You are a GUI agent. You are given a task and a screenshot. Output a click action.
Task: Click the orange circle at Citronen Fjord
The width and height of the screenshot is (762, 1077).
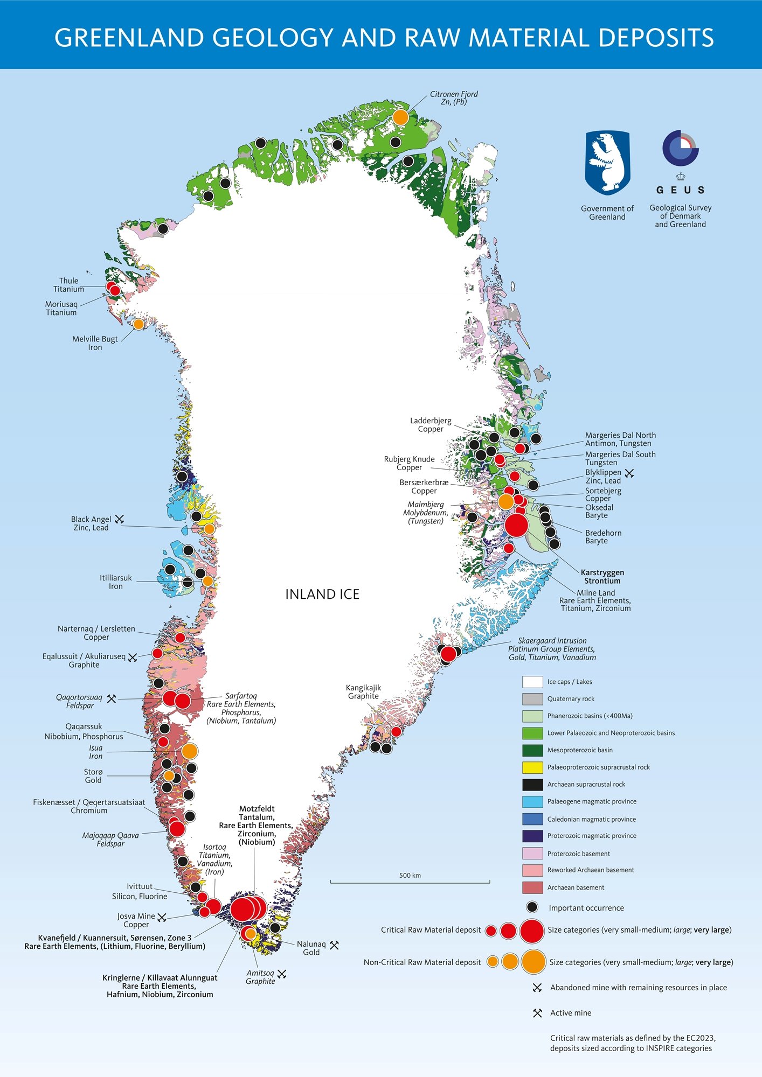[x=400, y=117]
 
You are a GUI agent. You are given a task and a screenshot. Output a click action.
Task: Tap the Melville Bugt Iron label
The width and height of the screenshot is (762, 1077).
[x=95, y=343]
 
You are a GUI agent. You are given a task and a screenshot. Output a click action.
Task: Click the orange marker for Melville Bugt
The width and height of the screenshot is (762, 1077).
[x=138, y=324]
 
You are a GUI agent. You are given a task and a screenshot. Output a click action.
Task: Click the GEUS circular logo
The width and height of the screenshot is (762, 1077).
[x=680, y=148]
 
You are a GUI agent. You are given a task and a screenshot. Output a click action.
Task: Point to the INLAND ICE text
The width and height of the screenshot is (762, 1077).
[x=322, y=594]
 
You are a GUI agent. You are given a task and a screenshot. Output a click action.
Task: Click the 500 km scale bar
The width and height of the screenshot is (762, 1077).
[x=410, y=882]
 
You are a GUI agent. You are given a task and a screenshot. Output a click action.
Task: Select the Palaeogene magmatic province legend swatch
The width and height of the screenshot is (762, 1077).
[x=532, y=801]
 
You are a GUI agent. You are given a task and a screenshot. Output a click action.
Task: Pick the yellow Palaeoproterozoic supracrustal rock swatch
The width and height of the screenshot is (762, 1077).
[x=532, y=767]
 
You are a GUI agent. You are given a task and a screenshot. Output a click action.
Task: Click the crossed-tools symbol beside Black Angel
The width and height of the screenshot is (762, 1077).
[x=120, y=519]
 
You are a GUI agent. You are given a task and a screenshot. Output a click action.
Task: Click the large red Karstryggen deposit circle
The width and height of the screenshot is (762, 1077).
[x=516, y=525]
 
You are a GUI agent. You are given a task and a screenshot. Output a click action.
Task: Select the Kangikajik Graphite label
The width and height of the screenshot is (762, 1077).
[x=363, y=692]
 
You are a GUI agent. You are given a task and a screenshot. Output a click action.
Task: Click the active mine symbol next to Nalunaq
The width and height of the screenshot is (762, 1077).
[x=334, y=945]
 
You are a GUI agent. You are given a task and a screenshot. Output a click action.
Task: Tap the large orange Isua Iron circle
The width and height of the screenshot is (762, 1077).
[x=189, y=751]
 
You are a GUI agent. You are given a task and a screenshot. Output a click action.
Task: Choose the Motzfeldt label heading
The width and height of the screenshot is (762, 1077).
[x=257, y=809]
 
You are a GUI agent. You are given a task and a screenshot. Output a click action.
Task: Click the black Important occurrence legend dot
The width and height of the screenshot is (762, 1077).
[x=532, y=907]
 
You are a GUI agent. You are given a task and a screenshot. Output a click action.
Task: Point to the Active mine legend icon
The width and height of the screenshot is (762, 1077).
[x=537, y=1013]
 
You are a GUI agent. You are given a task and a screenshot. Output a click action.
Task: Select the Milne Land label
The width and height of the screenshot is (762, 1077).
[x=595, y=592]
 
